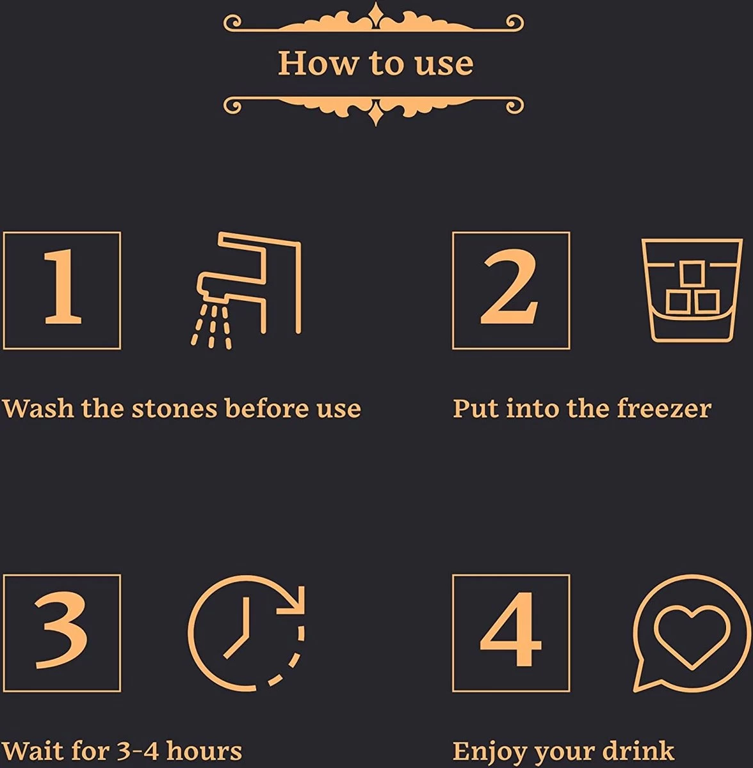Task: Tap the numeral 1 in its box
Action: point(62,286)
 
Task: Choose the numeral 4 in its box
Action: point(510,630)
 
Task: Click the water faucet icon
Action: point(246,290)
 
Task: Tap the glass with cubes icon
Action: point(692,290)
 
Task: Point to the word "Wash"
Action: point(38,408)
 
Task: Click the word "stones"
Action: point(175,408)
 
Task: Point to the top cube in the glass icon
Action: point(692,273)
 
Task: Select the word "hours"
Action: point(204,751)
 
